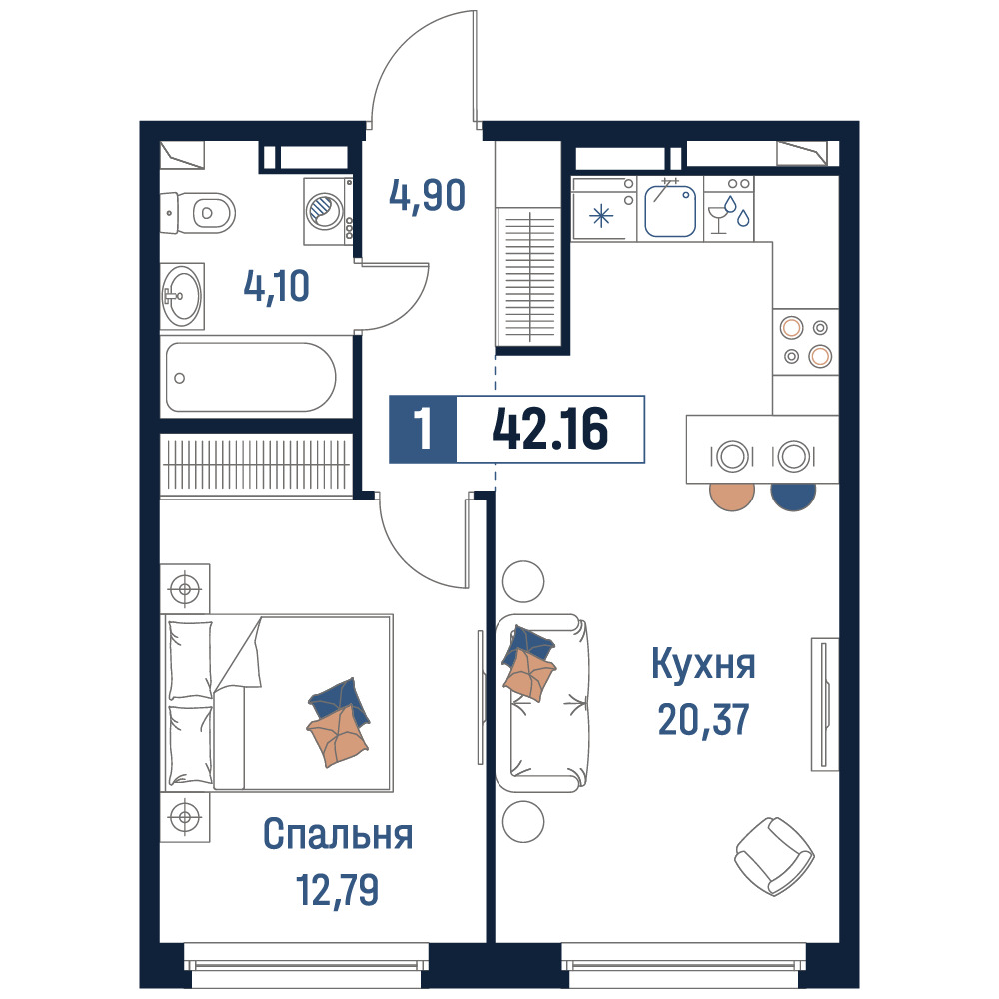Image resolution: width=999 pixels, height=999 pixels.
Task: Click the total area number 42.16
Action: click(549, 429)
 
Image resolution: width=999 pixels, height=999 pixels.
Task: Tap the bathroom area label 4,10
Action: click(277, 286)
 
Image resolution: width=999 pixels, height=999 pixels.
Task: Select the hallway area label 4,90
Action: click(427, 195)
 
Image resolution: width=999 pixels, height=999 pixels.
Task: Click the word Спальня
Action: click(338, 834)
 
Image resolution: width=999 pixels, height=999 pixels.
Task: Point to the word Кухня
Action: click(703, 664)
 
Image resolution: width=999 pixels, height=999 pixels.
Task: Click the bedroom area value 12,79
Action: click(337, 889)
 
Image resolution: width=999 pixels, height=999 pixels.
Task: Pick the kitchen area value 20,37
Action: click(703, 720)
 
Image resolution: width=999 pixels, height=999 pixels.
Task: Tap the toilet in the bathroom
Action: click(198, 212)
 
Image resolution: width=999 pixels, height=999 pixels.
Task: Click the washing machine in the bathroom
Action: click(328, 211)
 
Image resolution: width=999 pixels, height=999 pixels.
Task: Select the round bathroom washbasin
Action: click(182, 296)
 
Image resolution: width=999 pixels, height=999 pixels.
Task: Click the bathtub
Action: click(251, 378)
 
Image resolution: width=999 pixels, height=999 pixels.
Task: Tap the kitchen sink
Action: click(669, 210)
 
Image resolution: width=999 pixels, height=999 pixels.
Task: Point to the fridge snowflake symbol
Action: click(600, 216)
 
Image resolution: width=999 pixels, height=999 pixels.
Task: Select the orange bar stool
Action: click(732, 497)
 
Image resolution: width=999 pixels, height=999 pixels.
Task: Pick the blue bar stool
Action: click(793, 497)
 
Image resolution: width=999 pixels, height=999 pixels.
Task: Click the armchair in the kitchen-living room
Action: click(775, 856)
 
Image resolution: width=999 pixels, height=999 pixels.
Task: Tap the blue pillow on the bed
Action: click(339, 701)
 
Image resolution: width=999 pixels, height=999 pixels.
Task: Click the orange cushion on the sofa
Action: click(529, 674)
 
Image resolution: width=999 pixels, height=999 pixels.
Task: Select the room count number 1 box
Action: click(423, 429)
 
